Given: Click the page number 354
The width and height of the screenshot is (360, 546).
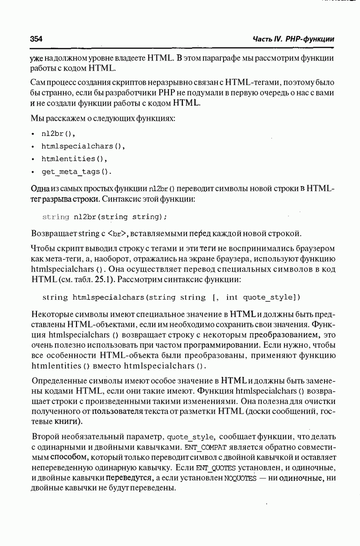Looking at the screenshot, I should pos(36,39).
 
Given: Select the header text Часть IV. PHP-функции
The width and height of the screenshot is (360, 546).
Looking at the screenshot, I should pos(293,39).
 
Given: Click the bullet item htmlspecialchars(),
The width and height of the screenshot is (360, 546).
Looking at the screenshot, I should pos(83,147).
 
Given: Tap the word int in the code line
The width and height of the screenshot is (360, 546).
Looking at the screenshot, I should pos(232,298).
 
